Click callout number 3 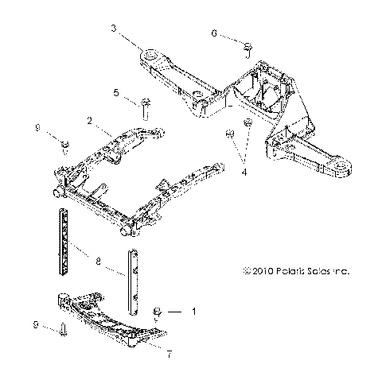click(x=115, y=28)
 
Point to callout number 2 click(x=91, y=121)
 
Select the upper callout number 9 click(x=37, y=126)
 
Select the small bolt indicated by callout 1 click(x=158, y=312)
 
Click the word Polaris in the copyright click(x=290, y=271)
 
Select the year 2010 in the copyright click(x=259, y=271)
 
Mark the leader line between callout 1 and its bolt click(x=177, y=312)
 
